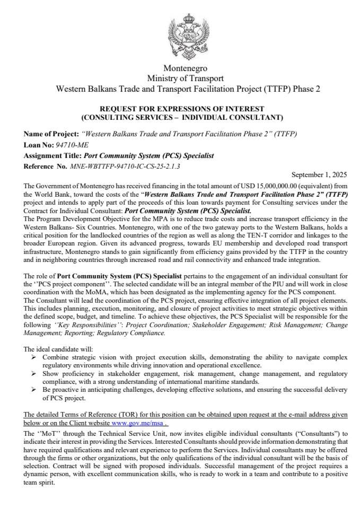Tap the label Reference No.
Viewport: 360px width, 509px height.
pyautogui.click(x=46, y=166)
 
